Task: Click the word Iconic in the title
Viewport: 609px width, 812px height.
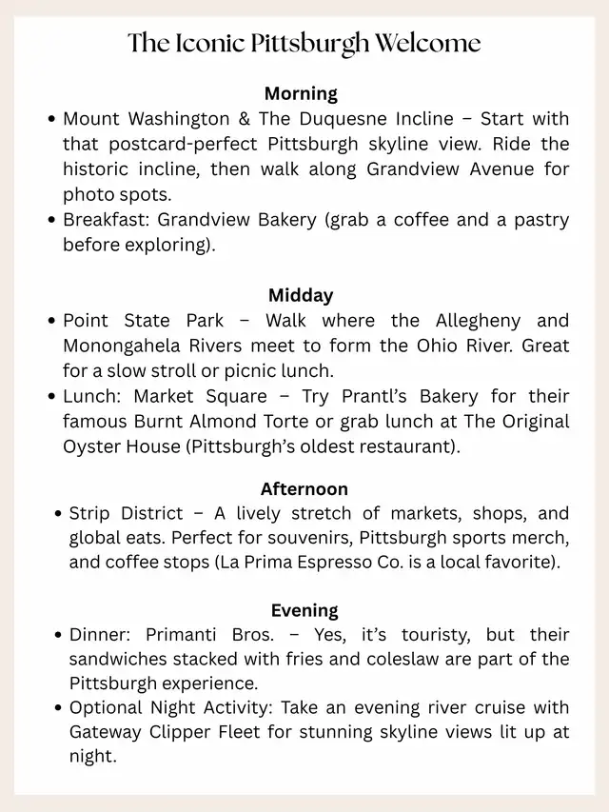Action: point(201,44)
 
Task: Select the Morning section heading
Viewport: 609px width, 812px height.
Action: point(301,93)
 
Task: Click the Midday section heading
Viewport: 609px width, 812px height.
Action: point(301,295)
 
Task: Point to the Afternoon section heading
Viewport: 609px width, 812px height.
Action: point(304,489)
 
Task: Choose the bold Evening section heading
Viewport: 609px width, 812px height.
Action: point(304,610)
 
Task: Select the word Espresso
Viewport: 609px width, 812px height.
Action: point(333,563)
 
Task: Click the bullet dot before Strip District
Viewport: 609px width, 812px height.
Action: point(58,514)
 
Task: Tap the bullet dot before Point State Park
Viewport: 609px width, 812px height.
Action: point(51,321)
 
